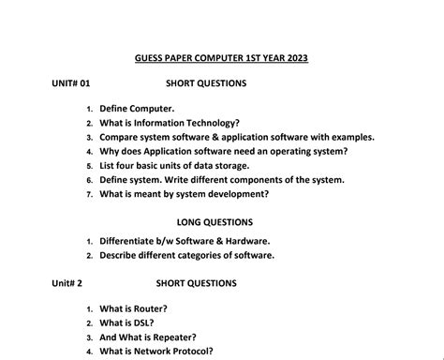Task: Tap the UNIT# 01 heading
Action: tap(72, 83)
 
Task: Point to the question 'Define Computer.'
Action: tap(137, 110)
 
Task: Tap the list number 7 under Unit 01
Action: tap(88, 194)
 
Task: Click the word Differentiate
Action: tap(135, 241)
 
